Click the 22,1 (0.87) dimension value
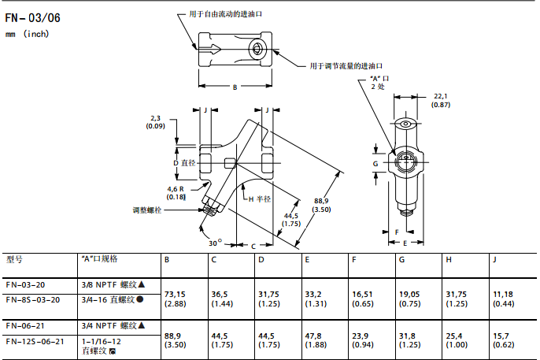pyautogui.click(x=441, y=100)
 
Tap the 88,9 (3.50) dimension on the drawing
pyautogui.click(x=321, y=204)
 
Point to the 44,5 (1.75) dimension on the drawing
pyautogui.click(x=291, y=220)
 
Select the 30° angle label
pyautogui.click(x=215, y=243)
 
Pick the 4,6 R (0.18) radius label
pyautogui.click(x=176, y=193)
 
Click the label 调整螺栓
pyautogui.click(x=147, y=210)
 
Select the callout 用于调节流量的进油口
pyautogui.click(x=346, y=65)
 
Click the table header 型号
pyautogui.click(x=15, y=258)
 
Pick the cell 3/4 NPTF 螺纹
pyautogui.click(x=113, y=325)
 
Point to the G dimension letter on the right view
pyautogui.click(x=375, y=163)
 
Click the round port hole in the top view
pyautogui.click(x=259, y=50)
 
